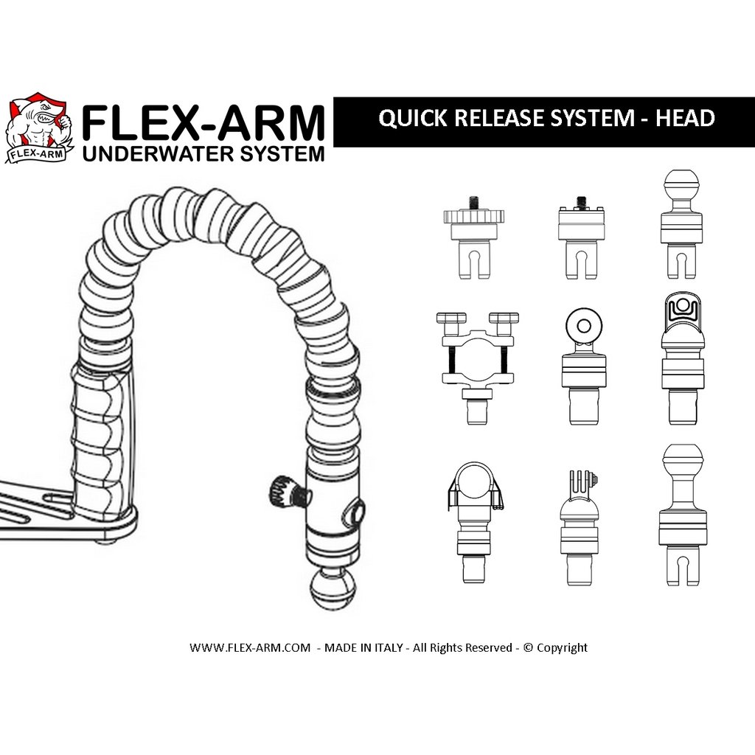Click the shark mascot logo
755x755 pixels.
[40, 128]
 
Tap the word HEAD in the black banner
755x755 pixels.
[685, 119]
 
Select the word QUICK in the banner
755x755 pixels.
[413, 119]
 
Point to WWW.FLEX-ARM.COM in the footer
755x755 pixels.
[250, 647]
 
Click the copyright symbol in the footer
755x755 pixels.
[528, 647]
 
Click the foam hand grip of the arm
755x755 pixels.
[98, 438]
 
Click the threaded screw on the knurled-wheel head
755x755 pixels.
[474, 201]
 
